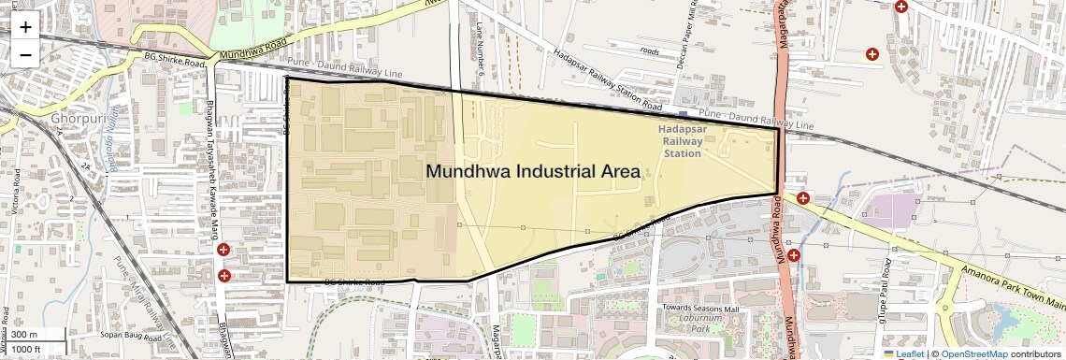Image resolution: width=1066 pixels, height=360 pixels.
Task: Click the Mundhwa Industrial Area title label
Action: click(533, 172)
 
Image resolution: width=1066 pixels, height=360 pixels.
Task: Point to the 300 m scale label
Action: click(24, 335)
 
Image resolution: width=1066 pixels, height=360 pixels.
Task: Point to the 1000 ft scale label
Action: click(27, 349)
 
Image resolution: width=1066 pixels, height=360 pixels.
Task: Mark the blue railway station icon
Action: click(684, 115)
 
